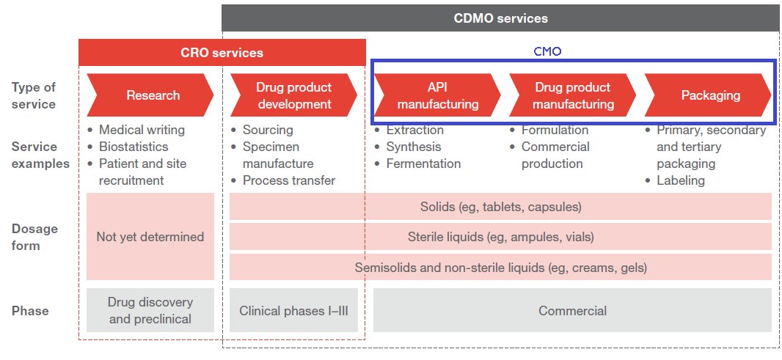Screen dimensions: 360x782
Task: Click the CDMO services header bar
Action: (x=500, y=18)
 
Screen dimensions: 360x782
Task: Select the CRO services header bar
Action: (x=222, y=53)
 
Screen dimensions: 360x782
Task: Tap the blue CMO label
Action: (x=547, y=52)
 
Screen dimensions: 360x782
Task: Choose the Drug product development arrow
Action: (x=293, y=95)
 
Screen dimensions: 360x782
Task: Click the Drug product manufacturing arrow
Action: (x=572, y=95)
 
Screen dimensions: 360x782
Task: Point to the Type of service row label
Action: (x=34, y=95)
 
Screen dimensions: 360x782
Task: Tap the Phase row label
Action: (x=30, y=311)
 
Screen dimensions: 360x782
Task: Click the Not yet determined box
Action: (x=150, y=237)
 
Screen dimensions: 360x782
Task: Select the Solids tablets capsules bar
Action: (x=500, y=207)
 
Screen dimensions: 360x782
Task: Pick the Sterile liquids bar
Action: (x=500, y=237)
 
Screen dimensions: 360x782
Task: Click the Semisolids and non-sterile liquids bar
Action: (x=500, y=268)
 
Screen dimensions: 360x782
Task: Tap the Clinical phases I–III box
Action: (x=293, y=311)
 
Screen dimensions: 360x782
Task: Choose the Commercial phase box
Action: (x=572, y=311)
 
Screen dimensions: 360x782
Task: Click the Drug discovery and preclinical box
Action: (x=150, y=311)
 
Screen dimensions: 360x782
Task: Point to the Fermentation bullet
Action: (x=423, y=164)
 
